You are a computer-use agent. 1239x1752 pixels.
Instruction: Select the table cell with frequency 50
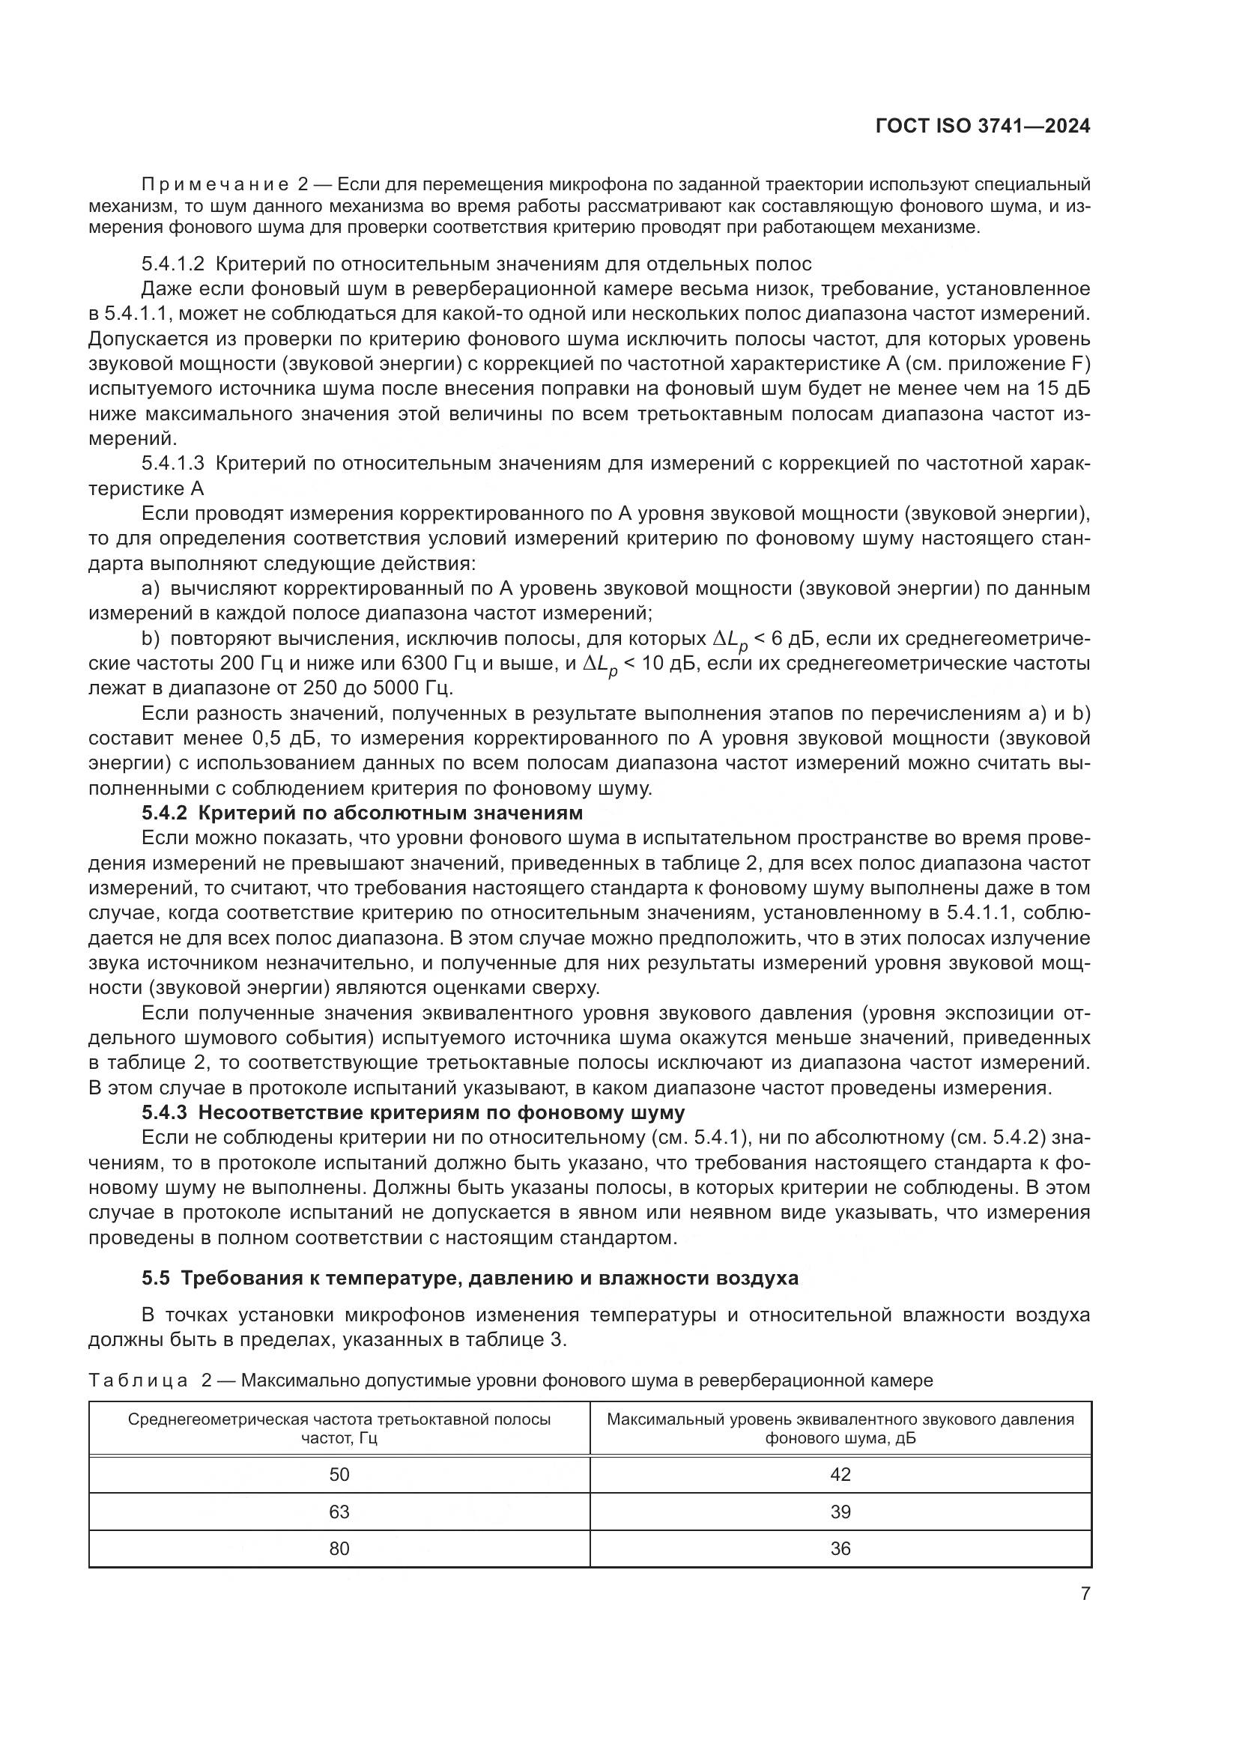(x=339, y=1474)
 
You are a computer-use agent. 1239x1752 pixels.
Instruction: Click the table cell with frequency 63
(x=339, y=1512)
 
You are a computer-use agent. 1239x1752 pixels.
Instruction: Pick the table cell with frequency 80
(x=339, y=1548)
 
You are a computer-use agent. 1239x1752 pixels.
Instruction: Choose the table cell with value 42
(x=840, y=1474)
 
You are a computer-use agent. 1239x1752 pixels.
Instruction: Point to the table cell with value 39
(x=840, y=1512)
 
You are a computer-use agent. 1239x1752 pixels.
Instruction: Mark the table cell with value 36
(x=840, y=1548)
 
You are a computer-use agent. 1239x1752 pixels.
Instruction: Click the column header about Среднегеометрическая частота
(x=339, y=1428)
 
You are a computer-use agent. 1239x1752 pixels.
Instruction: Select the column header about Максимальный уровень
(x=840, y=1428)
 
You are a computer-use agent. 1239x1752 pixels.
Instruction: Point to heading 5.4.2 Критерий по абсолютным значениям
(x=362, y=812)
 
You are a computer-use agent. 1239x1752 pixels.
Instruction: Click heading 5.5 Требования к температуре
(x=469, y=1278)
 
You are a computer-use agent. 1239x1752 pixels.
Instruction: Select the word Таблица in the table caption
(x=138, y=1380)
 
